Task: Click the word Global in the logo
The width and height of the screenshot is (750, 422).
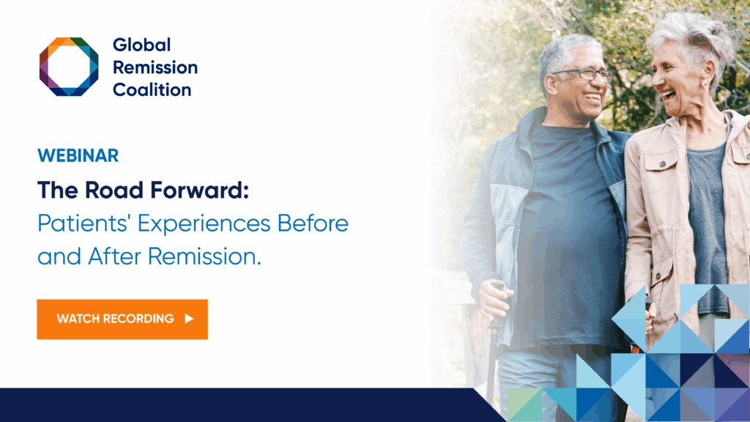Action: pyautogui.click(x=141, y=45)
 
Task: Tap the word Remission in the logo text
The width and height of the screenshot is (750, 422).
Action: pyautogui.click(x=155, y=67)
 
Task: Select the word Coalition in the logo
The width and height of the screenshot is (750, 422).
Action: pyautogui.click(x=152, y=90)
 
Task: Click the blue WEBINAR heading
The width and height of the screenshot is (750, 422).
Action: pyautogui.click(x=78, y=155)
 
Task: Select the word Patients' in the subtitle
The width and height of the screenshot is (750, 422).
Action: pyautogui.click(x=83, y=223)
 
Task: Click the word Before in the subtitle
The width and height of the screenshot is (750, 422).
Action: pyautogui.click(x=313, y=223)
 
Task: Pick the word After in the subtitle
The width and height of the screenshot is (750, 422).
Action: pyautogui.click(x=115, y=256)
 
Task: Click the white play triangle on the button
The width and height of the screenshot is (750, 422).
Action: pyautogui.click(x=190, y=319)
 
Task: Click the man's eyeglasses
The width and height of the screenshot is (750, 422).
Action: pyautogui.click(x=582, y=74)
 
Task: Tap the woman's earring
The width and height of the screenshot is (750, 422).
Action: pyautogui.click(x=704, y=85)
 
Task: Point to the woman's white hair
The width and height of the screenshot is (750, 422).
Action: pyautogui.click(x=693, y=41)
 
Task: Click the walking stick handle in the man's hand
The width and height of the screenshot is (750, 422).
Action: pyautogui.click(x=497, y=288)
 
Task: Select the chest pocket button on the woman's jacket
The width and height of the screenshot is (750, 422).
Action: pyautogui.click(x=662, y=165)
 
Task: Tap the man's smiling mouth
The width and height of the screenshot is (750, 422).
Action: pyautogui.click(x=592, y=98)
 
